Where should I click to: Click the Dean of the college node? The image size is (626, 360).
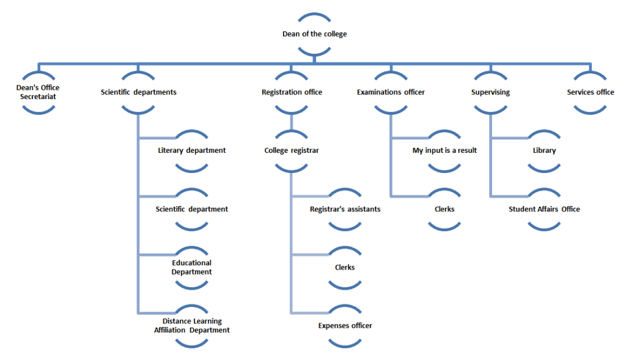tap(314, 34)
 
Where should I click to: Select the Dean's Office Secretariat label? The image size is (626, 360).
tap(38, 92)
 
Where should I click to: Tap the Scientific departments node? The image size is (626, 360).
tap(139, 92)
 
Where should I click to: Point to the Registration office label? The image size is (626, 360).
tap(292, 92)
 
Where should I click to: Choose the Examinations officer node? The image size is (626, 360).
tap(391, 92)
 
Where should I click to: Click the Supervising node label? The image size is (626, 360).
tap(490, 92)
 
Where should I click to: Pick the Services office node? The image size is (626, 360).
tap(590, 92)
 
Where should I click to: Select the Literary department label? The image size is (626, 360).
tap(191, 150)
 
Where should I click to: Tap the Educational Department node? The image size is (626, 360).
tap(191, 267)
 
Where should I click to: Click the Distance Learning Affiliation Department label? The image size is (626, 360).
tap(191, 325)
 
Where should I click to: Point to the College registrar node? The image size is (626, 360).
tap(292, 150)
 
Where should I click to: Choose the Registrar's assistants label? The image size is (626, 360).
tap(345, 209)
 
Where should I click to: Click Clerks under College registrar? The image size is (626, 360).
tap(345, 267)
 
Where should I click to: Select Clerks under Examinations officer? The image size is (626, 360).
tap(444, 209)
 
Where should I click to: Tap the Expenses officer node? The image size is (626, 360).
tap(345, 326)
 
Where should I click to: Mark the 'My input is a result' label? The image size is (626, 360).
tap(444, 150)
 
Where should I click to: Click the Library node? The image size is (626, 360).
tap(544, 150)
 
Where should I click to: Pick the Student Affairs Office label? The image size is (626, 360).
tap(544, 209)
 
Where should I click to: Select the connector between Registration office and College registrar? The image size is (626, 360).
tap(292, 122)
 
